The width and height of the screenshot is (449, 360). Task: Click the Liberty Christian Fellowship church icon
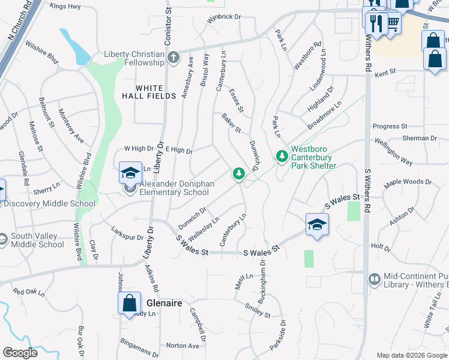pyautogui.click(x=173, y=58)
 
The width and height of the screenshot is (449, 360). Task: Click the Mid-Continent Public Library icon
pyautogui.click(x=373, y=279)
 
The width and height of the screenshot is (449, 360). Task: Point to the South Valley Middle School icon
pyautogui.click(x=4, y=239)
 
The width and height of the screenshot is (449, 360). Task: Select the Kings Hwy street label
pyautogui.click(x=65, y=6)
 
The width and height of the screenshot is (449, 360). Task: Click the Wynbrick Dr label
pyautogui.click(x=223, y=17)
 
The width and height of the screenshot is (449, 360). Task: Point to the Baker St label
pyautogui.click(x=231, y=123)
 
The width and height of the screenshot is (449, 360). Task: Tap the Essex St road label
pyautogui.click(x=236, y=100)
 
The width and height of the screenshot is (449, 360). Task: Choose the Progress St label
pyautogui.click(x=390, y=127)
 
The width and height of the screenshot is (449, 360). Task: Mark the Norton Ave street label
pyautogui.click(x=182, y=346)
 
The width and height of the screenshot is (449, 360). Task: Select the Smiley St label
pyautogui.click(x=258, y=310)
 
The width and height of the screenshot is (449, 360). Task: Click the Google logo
pyautogui.click(x=20, y=353)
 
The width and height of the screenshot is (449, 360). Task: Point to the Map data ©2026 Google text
pyautogui.click(x=412, y=355)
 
